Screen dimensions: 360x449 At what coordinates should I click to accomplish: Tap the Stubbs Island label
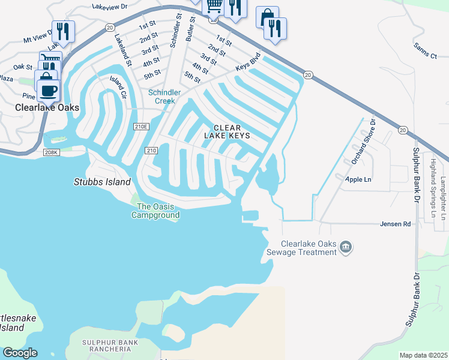point(102,182)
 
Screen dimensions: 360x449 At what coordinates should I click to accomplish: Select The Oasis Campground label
point(155,210)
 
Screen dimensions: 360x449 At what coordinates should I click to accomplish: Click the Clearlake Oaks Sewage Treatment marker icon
point(346,247)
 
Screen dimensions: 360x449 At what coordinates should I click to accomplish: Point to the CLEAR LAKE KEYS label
point(228,132)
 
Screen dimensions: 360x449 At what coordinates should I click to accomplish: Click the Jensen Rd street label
point(394,224)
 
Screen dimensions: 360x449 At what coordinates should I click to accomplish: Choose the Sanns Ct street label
point(425,56)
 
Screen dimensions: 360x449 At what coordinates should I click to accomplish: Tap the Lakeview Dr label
point(110,7)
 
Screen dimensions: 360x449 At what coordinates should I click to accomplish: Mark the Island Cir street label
point(118,88)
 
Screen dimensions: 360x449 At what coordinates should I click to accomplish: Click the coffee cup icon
point(49,91)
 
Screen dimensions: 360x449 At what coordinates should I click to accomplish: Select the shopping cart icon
point(214,6)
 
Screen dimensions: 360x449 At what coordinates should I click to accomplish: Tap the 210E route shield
point(141,126)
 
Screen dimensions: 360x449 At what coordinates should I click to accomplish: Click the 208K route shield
point(52,153)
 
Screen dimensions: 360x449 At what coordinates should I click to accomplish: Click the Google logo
point(20,353)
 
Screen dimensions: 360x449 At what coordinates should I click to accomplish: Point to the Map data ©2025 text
point(423,355)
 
